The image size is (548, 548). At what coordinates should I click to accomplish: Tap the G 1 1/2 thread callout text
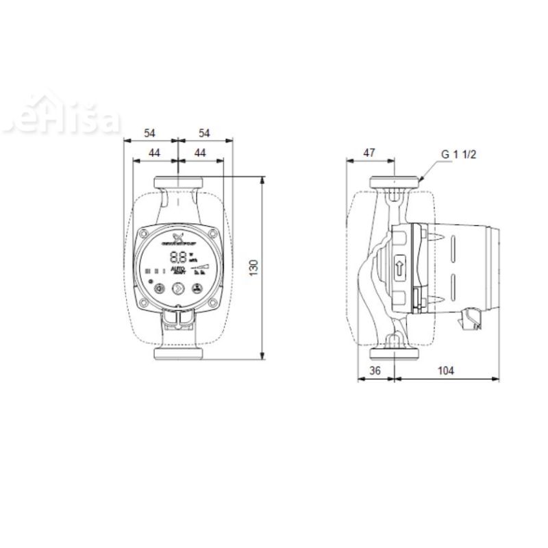(458, 154)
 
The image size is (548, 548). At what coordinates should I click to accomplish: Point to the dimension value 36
(375, 371)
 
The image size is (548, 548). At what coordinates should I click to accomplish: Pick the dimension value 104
(445, 371)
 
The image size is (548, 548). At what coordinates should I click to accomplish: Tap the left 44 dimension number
(154, 153)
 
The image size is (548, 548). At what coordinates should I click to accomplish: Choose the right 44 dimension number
(200, 153)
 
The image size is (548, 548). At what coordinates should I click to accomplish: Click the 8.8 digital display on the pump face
(177, 258)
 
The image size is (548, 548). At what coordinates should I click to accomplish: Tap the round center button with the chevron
(177, 289)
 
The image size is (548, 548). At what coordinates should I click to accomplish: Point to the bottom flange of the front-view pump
(177, 355)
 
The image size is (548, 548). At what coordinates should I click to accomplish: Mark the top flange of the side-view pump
(395, 183)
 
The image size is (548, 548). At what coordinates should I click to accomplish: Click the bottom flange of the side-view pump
(395, 353)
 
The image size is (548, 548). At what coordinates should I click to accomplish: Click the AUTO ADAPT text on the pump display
(177, 271)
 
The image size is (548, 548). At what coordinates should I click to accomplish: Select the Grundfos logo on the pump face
(177, 239)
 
